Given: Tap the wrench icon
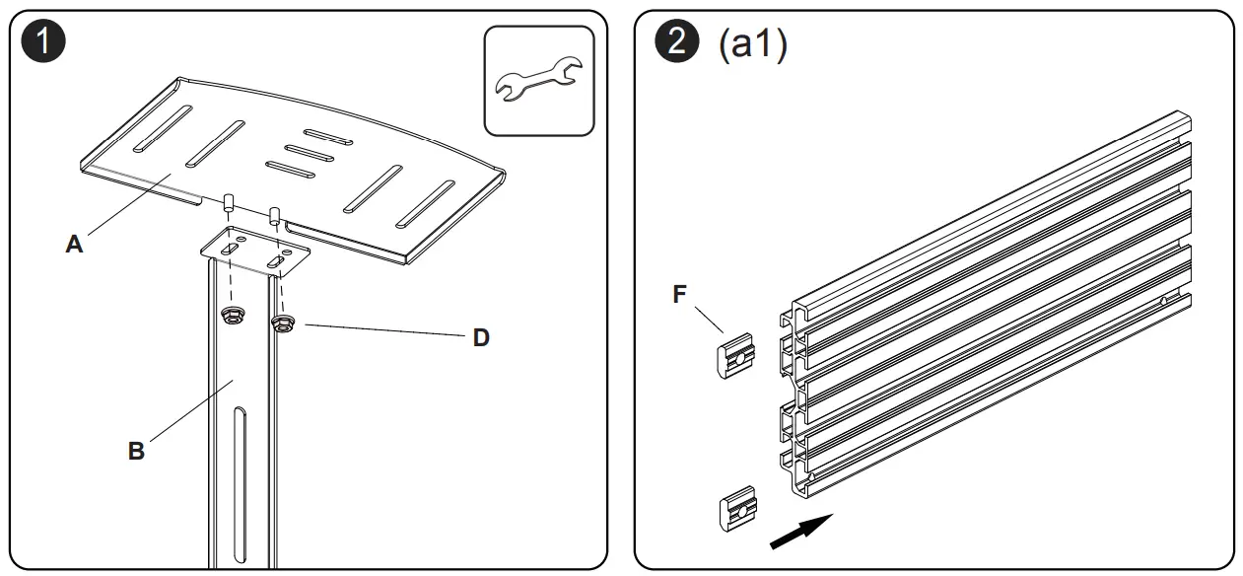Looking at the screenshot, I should coord(539,80).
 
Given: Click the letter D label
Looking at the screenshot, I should coord(480,338).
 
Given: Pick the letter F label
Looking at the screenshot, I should coord(678,296).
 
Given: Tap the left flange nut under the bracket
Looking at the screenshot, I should coord(233,315).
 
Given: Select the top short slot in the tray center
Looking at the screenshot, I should coord(328,136).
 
